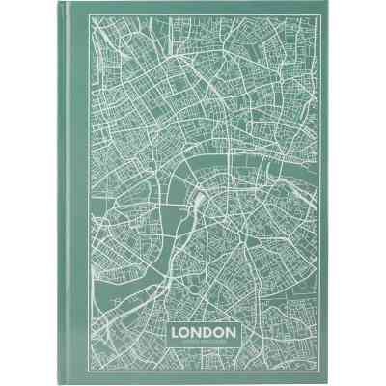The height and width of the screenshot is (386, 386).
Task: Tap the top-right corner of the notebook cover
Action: [x=326, y=4]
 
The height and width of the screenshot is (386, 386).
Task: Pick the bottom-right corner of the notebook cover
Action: [x=326, y=382]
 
